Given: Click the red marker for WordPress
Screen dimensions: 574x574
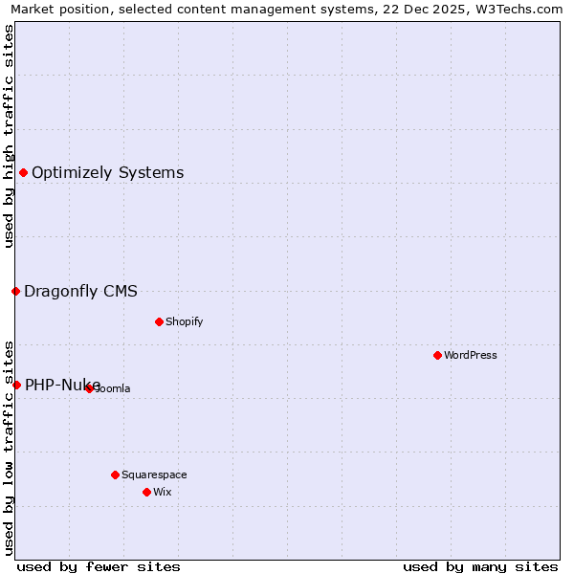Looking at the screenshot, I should click(437, 355).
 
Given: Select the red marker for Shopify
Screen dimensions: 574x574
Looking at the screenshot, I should click(159, 321).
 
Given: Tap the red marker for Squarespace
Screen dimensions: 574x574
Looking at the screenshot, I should click(115, 475).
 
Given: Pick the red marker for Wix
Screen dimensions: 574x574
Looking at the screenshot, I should click(146, 492).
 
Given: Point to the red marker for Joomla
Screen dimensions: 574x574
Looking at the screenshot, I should click(89, 388).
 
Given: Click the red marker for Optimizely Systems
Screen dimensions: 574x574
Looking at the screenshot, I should click(23, 172).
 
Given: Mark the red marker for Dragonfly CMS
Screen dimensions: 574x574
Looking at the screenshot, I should click(15, 291).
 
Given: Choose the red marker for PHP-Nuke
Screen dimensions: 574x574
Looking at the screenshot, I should click(16, 385).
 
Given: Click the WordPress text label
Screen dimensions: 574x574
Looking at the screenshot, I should click(471, 355).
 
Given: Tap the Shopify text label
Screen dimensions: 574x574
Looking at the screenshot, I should click(185, 321).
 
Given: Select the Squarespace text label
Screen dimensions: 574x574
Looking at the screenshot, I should click(154, 475).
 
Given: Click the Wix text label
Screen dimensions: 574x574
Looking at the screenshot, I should click(162, 492).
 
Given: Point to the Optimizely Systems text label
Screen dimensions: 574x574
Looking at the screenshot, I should click(108, 173).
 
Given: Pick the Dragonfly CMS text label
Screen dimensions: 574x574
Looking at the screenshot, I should click(80, 292).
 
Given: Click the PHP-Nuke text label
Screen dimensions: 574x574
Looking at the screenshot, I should click(62, 386).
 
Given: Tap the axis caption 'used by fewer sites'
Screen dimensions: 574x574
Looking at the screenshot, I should click(99, 566).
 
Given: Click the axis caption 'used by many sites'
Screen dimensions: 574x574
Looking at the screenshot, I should click(480, 566).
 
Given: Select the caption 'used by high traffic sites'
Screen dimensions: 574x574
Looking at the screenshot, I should click(9, 136).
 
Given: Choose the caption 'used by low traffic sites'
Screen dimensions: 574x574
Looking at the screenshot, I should click(9, 447).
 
